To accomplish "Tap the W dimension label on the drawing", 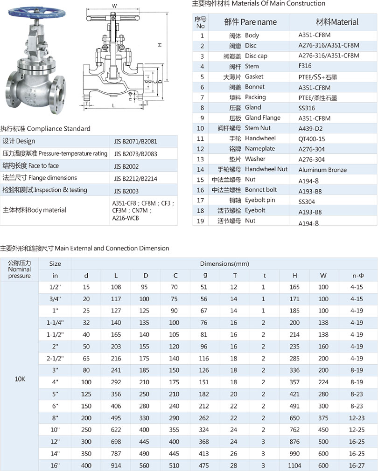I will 114,5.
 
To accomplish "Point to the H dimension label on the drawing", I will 159,45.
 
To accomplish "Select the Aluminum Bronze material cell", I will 322,170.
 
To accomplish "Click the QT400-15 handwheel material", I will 312,139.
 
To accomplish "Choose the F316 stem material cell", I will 305,66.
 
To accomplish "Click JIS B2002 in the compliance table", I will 126,166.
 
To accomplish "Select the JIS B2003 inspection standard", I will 126,191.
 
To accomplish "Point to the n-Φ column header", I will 358,276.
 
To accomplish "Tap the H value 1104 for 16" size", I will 295,465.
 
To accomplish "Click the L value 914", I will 116,465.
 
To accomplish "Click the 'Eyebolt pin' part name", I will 260,200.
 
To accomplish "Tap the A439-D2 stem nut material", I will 311,129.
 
